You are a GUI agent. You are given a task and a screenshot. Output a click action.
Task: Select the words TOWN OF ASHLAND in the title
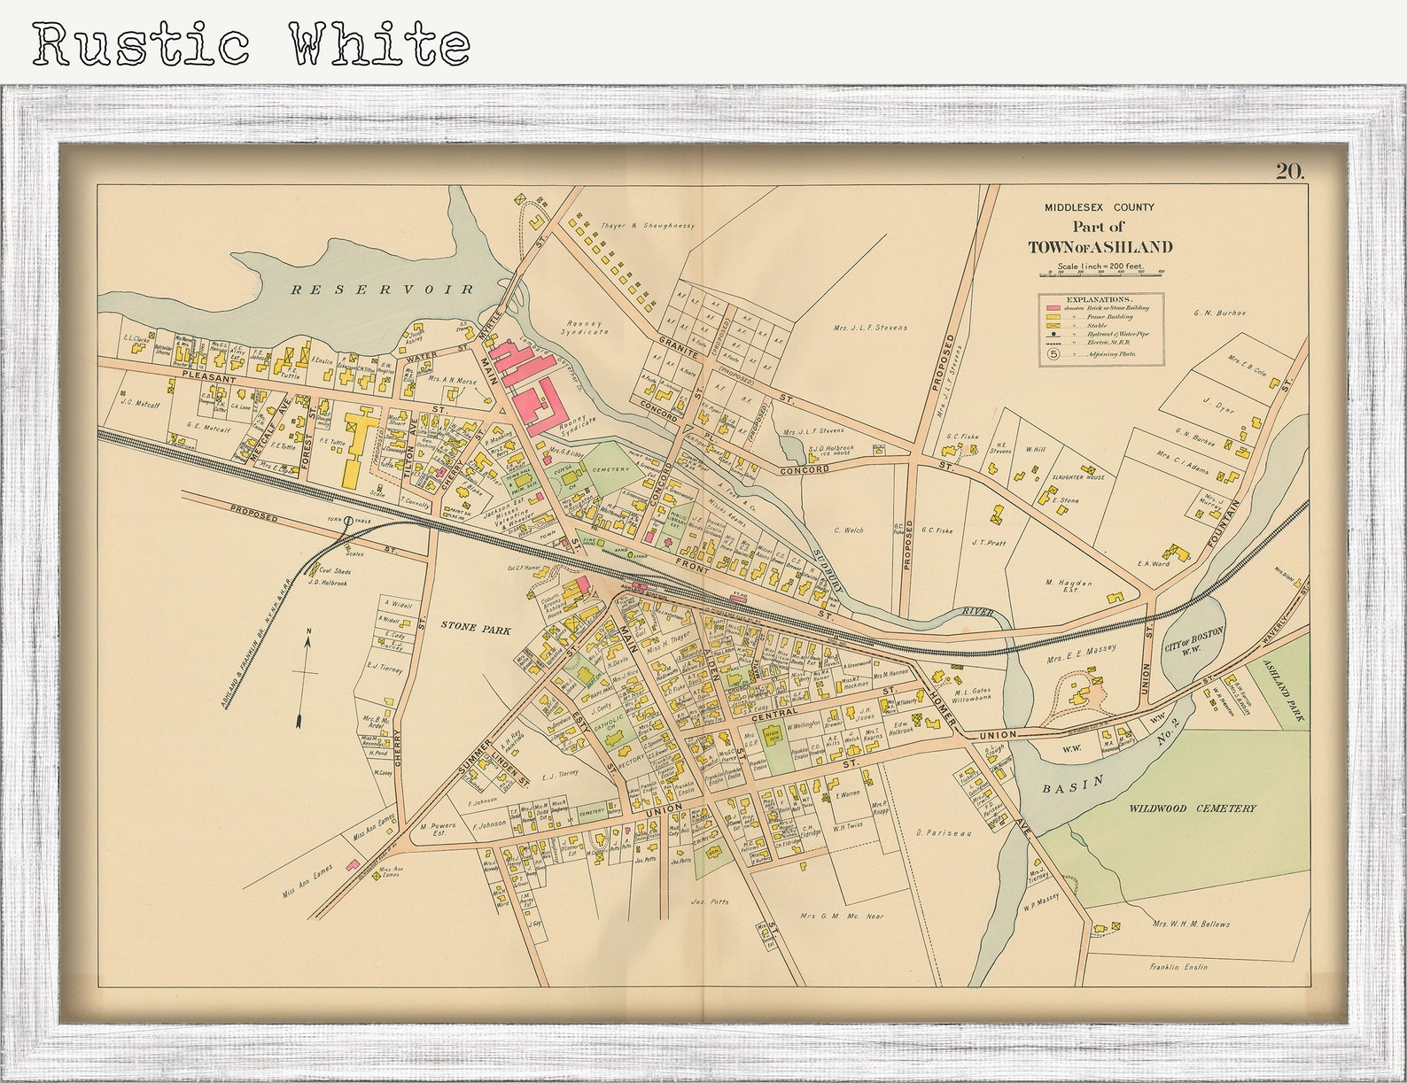(x=1100, y=247)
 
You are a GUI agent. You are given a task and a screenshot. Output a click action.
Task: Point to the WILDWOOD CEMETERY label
(x=1192, y=808)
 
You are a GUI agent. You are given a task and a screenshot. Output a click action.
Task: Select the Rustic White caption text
(x=251, y=43)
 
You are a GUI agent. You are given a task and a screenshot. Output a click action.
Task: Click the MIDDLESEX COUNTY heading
(x=1099, y=207)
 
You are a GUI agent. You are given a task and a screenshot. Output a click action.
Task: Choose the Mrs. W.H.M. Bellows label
(x=1191, y=924)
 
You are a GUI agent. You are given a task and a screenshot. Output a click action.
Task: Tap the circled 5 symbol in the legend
(x=1054, y=353)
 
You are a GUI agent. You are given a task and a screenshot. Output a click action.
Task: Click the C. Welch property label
(x=848, y=530)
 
